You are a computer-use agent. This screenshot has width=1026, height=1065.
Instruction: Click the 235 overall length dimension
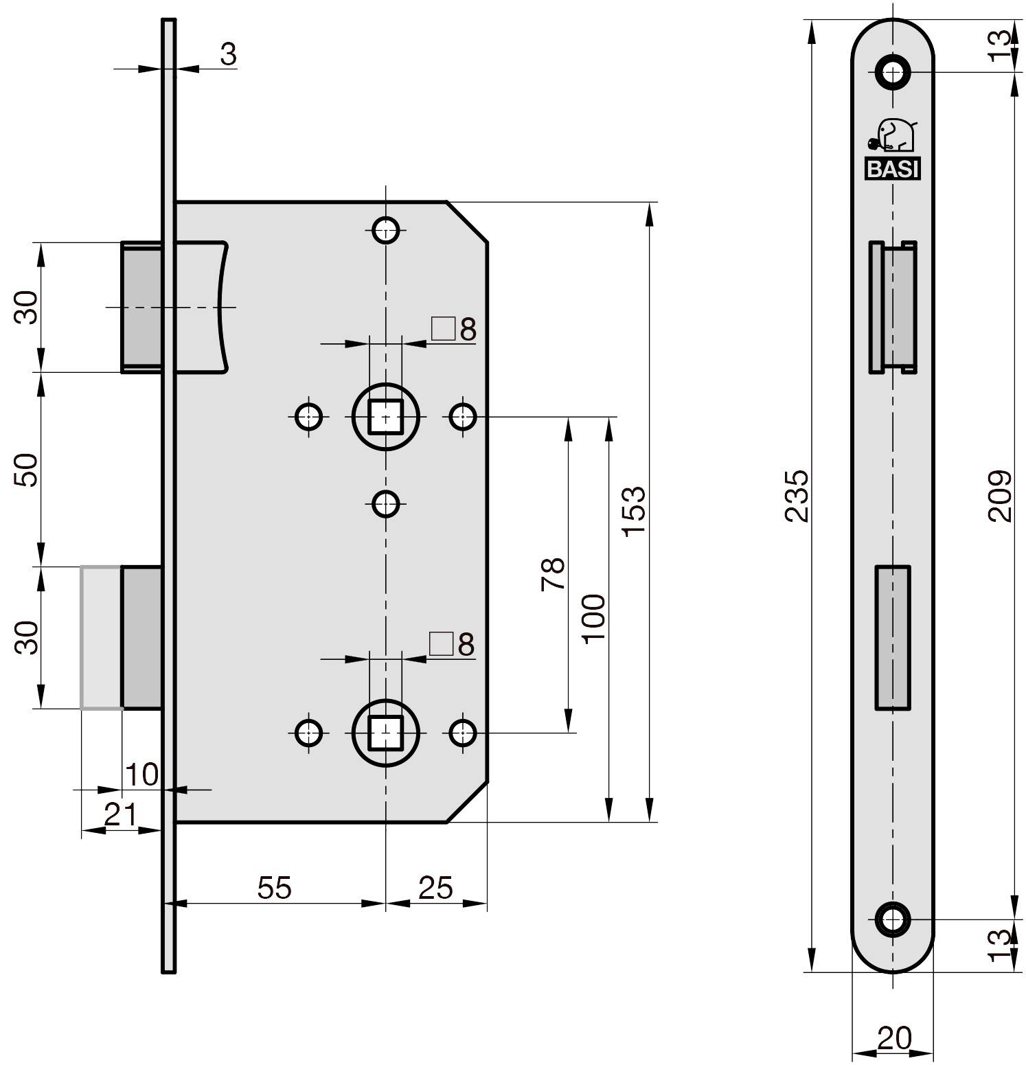coord(798,495)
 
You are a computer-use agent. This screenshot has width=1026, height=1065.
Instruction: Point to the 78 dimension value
coord(553,573)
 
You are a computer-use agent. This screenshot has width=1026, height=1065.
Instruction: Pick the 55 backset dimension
coord(275,888)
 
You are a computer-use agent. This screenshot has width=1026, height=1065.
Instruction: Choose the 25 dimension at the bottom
coord(435,888)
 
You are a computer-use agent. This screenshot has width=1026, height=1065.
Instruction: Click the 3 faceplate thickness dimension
coord(229,54)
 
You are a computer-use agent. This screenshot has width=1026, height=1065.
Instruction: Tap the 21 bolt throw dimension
coord(121,815)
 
